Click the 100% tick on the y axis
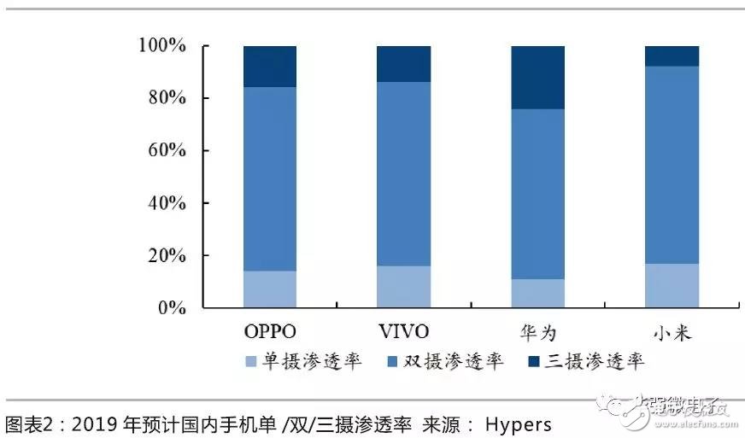pyautogui.click(x=161, y=45)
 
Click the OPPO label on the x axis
pyautogui.click(x=270, y=331)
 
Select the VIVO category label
pyautogui.click(x=403, y=331)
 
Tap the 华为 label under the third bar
pyautogui.click(x=537, y=331)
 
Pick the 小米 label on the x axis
pyautogui.click(x=672, y=331)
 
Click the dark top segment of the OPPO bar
pyautogui.click(x=270, y=67)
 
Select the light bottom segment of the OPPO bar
pyautogui.click(x=270, y=289)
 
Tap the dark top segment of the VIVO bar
pyautogui.click(x=403, y=64)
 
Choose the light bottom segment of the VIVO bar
pyautogui.click(x=403, y=287)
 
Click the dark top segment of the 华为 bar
pyautogui.click(x=537, y=78)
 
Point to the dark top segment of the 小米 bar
pyautogui.click(x=672, y=56)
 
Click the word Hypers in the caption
pyautogui.click(x=518, y=424)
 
